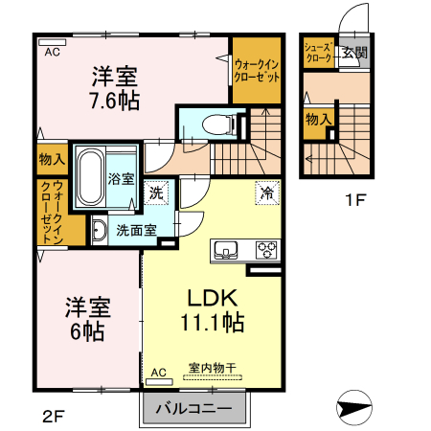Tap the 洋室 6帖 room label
click(88, 320)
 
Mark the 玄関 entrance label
click(354, 53)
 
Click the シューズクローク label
click(317, 53)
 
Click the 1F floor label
click(356, 200)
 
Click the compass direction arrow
click(354, 409)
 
